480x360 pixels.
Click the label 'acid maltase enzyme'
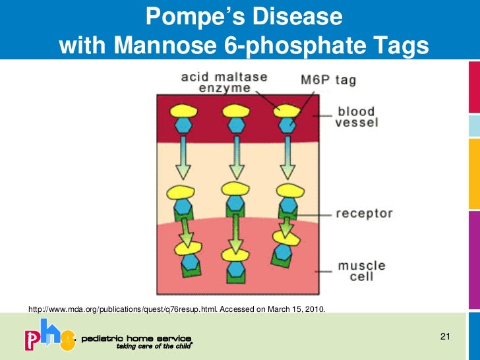click(216, 82)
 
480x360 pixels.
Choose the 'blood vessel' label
click(357, 117)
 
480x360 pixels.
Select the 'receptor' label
click(364, 214)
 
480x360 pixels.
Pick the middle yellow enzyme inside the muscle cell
click(235, 253)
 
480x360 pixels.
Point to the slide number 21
click(444, 338)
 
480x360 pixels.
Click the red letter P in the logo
click(34, 340)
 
